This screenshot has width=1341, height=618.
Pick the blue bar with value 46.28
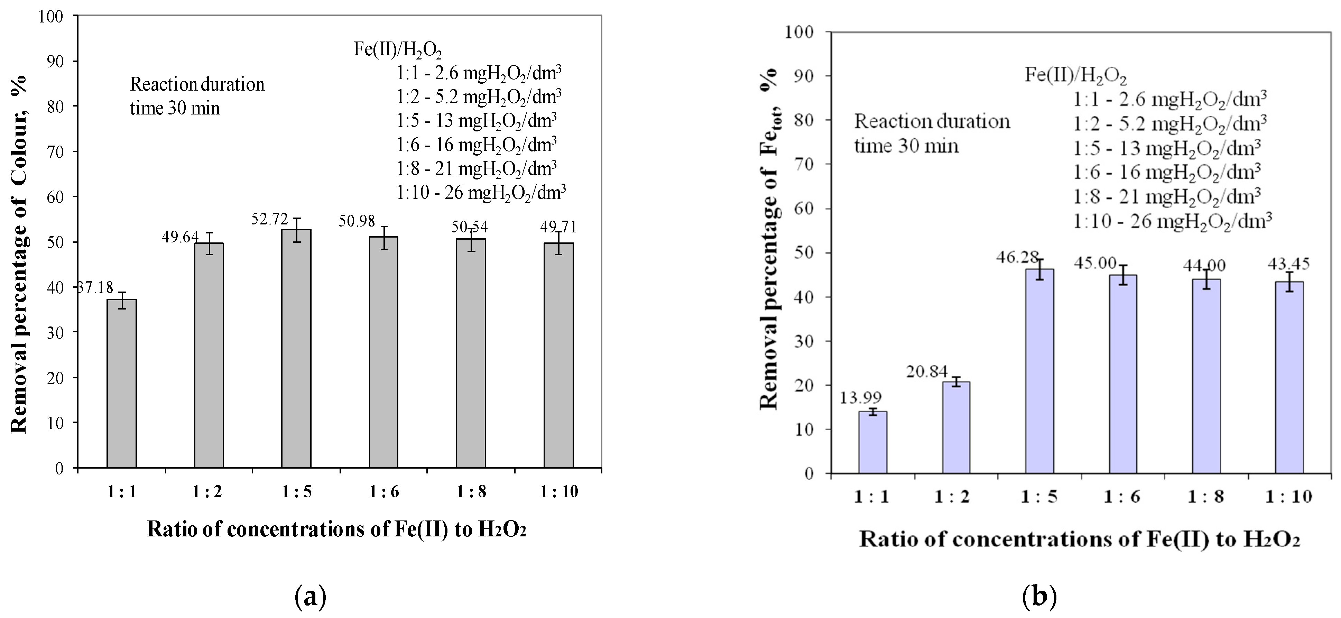tap(1039, 370)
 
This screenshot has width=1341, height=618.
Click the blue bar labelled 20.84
tap(956, 427)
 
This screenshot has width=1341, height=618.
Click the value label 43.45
tap(1287, 264)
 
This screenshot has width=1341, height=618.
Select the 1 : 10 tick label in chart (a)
tap(558, 491)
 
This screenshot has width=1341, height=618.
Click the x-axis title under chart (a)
tap(336, 529)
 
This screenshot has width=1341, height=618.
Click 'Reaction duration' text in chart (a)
tap(197, 84)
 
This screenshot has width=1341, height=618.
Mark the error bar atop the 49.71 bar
tap(558, 243)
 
